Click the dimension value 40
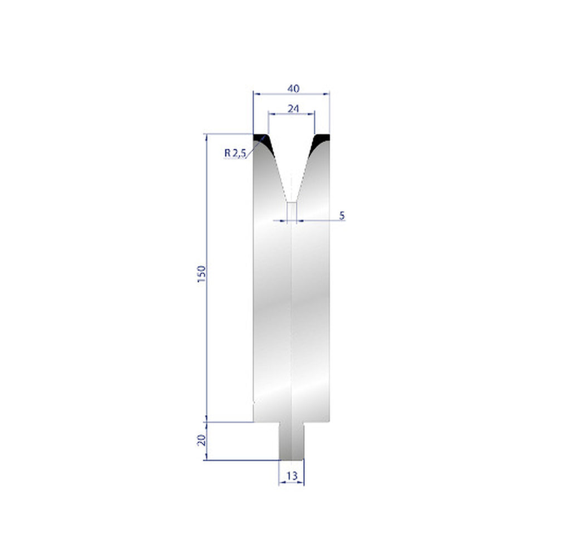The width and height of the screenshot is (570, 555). [x=293, y=89]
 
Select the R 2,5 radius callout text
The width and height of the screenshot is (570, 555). [x=234, y=153]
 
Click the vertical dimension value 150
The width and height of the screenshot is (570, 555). [x=202, y=274]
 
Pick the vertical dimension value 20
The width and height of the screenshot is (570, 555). [x=202, y=440]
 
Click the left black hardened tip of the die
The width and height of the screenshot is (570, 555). [x=263, y=140]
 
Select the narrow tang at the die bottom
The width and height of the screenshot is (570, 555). [x=292, y=441]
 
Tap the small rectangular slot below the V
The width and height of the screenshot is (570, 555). [x=292, y=211]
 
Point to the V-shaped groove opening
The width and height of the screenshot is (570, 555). [x=292, y=161]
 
